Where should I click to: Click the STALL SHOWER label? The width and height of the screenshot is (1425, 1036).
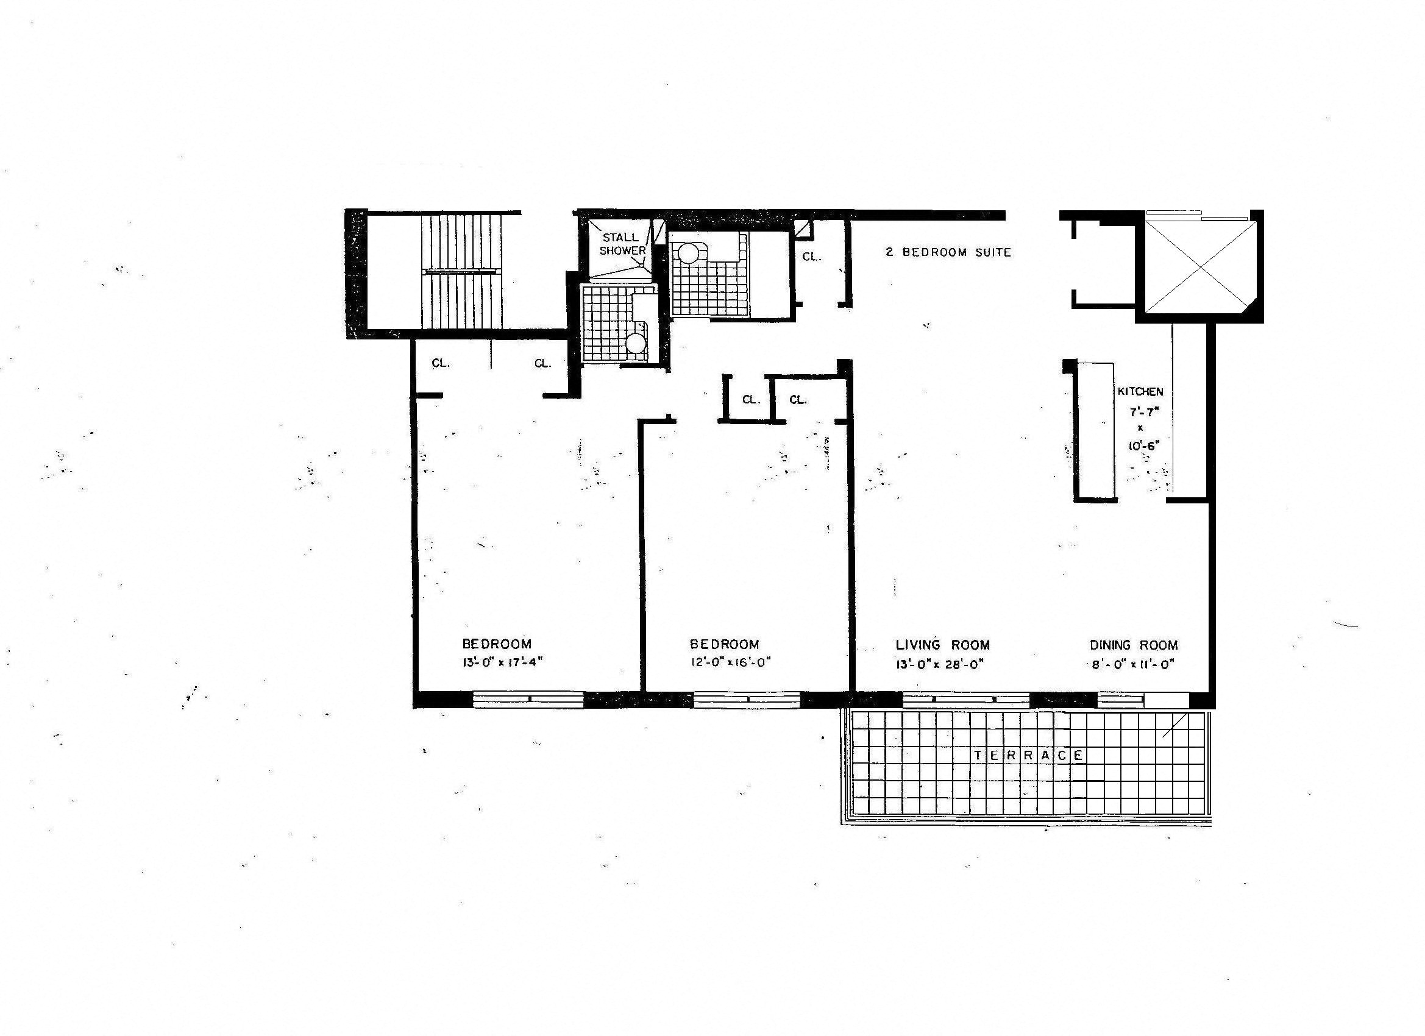622,244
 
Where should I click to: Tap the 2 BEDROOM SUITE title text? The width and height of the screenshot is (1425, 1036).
948,252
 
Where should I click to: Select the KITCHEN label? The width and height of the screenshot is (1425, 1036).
1140,391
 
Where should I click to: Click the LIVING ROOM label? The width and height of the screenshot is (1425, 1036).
942,645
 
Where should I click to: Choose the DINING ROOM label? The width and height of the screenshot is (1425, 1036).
1134,645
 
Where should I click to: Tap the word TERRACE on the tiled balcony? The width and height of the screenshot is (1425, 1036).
1029,755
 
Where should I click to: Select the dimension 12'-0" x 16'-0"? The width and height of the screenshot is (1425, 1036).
730,662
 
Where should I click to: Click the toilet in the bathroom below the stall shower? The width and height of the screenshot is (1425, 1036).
636,342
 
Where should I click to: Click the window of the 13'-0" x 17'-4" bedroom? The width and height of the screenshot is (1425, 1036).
528,699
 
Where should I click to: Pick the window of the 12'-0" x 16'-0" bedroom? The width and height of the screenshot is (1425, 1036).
747,699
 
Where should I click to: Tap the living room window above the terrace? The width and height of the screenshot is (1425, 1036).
965,699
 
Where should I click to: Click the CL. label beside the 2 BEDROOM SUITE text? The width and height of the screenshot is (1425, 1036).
812,257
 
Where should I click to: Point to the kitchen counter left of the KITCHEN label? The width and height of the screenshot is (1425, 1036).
1096,430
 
